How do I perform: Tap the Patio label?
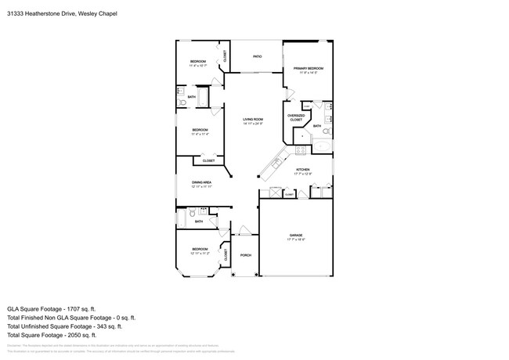pyautogui.click(x=256, y=56)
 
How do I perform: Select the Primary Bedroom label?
pyautogui.click(x=309, y=69)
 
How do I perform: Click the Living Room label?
pyautogui.click(x=252, y=120)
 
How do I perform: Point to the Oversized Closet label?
pyautogui.click(x=296, y=118)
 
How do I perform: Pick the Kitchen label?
pyautogui.click(x=302, y=169)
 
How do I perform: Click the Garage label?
pyautogui.click(x=296, y=235)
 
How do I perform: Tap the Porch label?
pyautogui.click(x=245, y=255)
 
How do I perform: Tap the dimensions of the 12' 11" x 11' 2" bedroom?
pyautogui.click(x=200, y=254)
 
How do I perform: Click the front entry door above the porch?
pyautogui.click(x=244, y=231)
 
